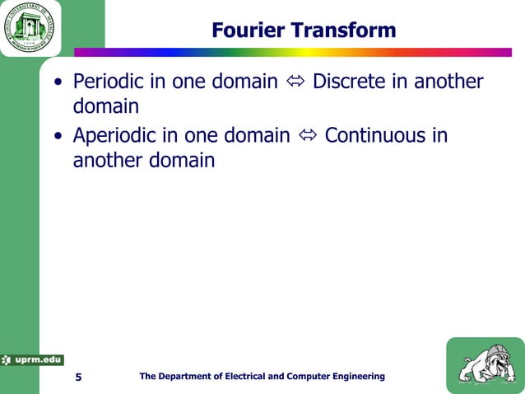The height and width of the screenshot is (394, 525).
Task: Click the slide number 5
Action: click(x=78, y=378)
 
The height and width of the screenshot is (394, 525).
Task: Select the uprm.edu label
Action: click(x=33, y=359)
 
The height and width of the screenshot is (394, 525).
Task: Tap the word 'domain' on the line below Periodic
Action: click(x=106, y=108)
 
